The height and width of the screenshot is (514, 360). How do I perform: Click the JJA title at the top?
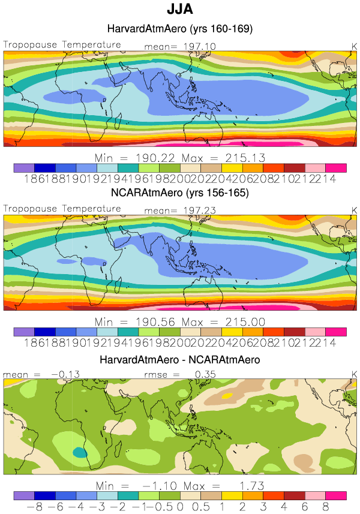pyautogui.click(x=180, y=10)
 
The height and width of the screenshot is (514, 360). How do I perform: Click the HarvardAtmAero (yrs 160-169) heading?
pyautogui.click(x=179, y=29)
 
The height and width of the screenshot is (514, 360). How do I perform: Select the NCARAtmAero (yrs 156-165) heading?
pyautogui.click(x=179, y=194)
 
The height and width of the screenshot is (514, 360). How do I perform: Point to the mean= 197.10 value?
pyautogui.click(x=181, y=46)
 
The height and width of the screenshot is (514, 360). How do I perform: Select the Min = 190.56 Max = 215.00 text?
pyautogui.click(x=180, y=321)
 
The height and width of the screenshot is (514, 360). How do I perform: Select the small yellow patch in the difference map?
pyautogui.click(x=227, y=396)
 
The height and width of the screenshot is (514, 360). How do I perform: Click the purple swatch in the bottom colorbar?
pyautogui.click(x=23, y=496)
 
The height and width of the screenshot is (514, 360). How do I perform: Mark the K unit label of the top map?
pyautogui.click(x=353, y=46)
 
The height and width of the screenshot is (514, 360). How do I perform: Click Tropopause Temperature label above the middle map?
pyautogui.click(x=62, y=209)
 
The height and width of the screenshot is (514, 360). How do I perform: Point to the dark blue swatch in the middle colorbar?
pyautogui.click(x=45, y=332)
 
